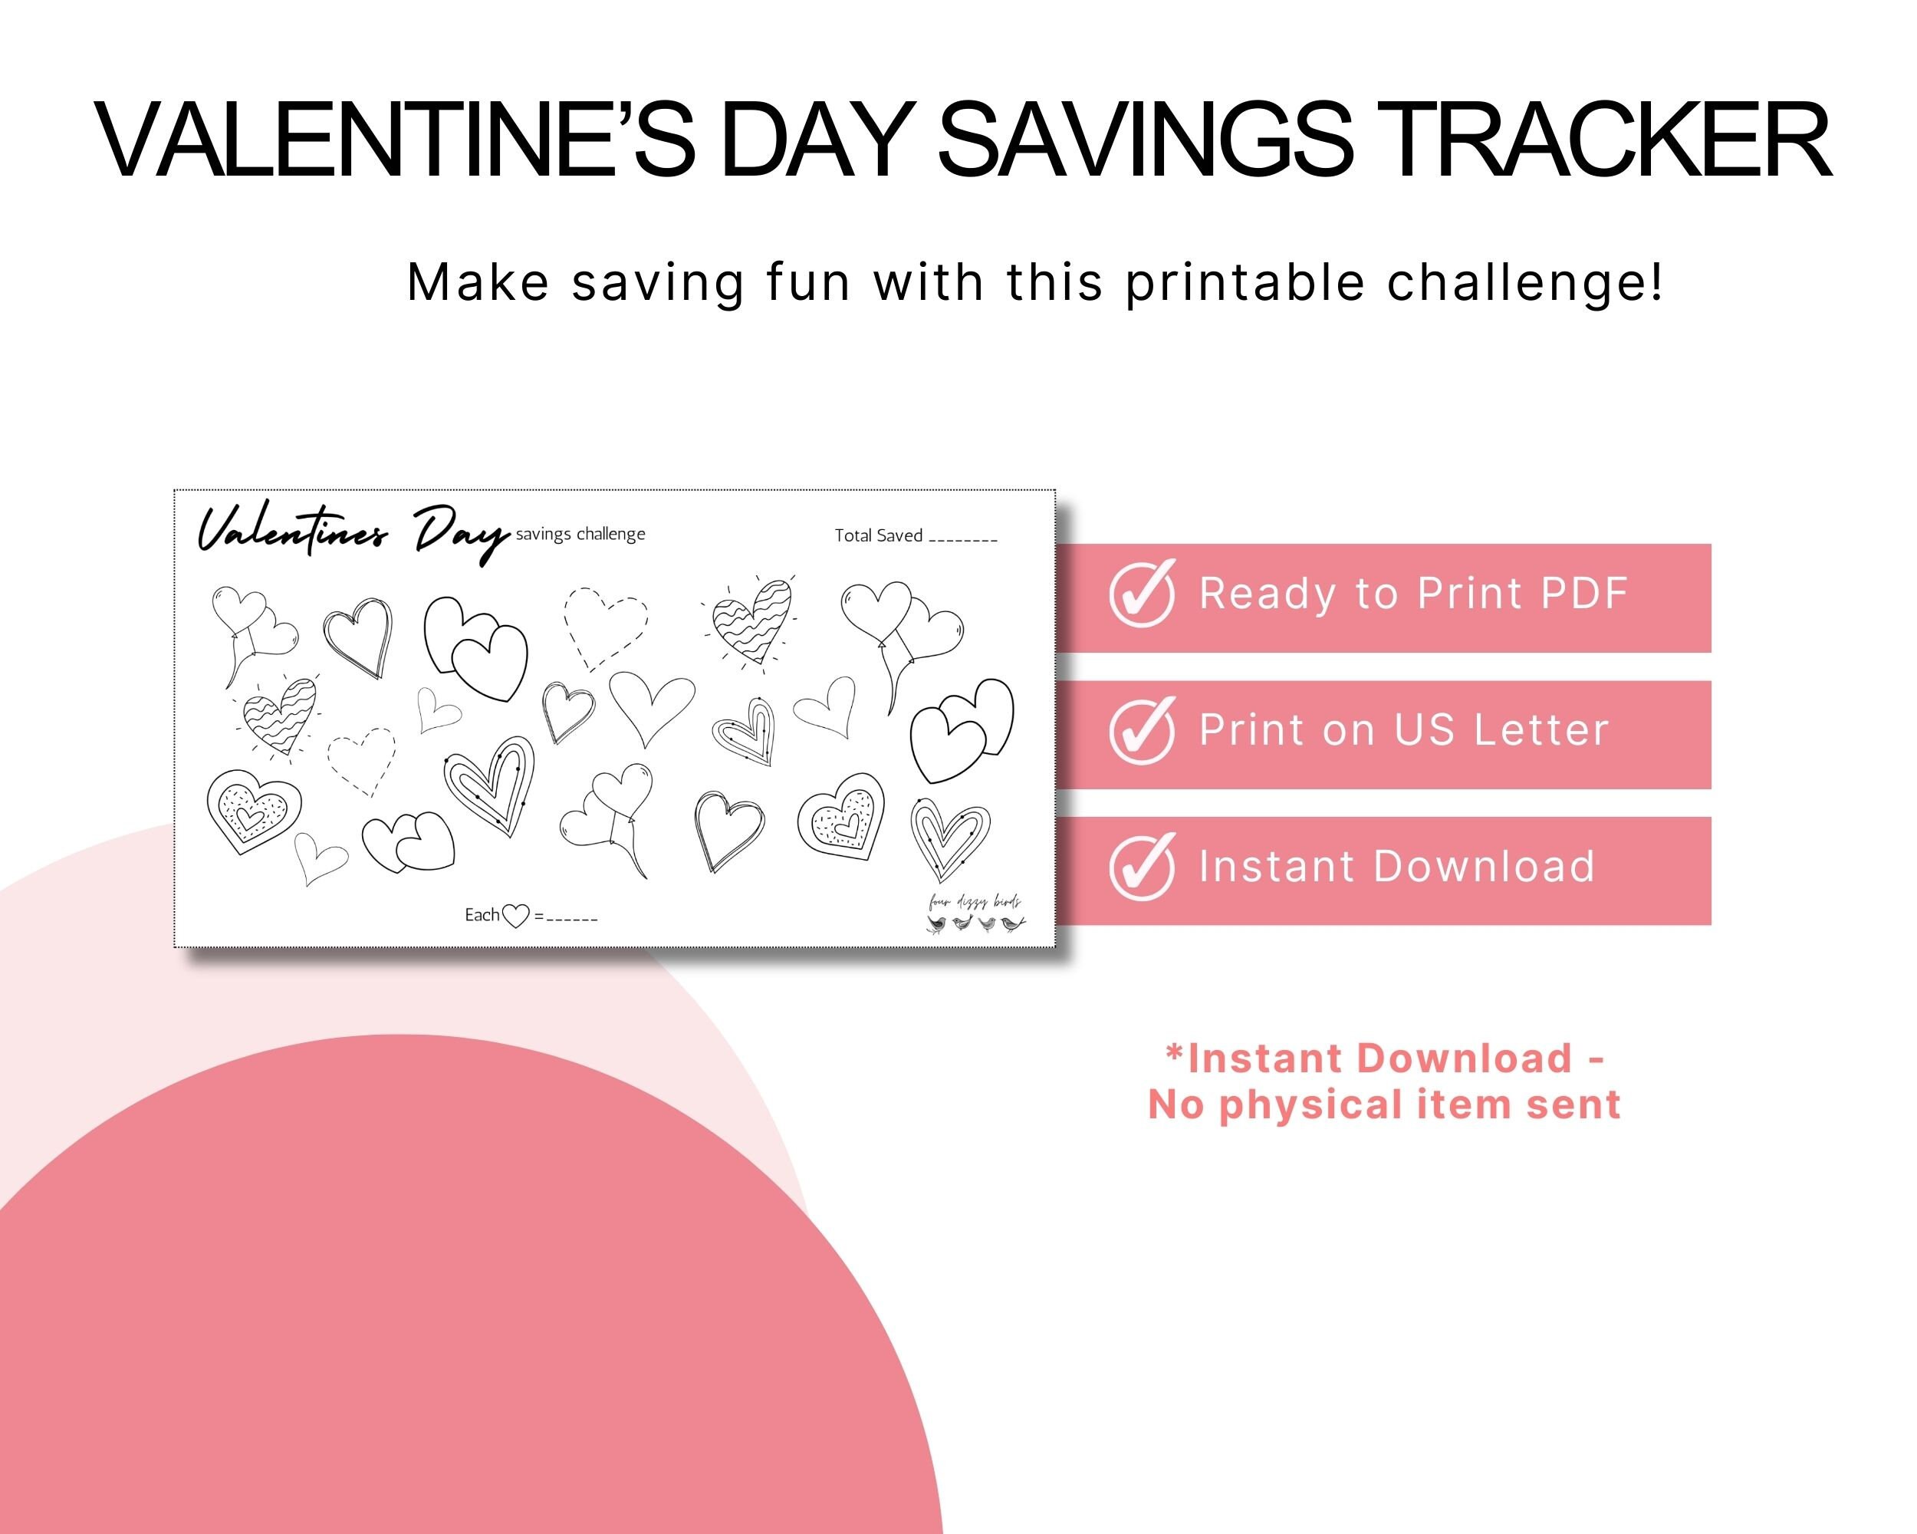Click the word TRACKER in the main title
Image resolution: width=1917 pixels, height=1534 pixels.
point(1609,140)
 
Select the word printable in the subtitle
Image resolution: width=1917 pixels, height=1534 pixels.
point(1245,284)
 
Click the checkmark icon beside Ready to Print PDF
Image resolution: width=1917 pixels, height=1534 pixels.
point(1143,594)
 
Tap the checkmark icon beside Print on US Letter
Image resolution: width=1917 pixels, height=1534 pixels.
point(1143,731)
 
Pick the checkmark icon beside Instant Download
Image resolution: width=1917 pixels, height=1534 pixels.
point(1143,867)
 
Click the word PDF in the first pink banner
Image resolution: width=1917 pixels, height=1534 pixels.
point(1583,593)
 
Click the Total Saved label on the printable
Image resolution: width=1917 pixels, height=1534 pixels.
point(879,535)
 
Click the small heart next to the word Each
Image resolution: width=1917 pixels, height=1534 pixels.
point(516,916)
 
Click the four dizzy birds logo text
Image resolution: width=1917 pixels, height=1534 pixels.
point(975,903)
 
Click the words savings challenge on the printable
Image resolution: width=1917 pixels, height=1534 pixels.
point(580,534)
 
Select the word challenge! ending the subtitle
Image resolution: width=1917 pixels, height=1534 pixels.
point(1525,284)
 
